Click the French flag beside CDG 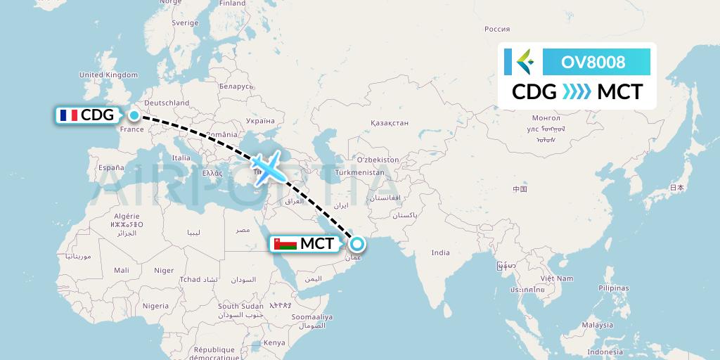[69, 115]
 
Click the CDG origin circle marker [134, 115]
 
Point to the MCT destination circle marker [357, 244]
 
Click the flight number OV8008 [593, 62]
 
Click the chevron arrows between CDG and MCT [577, 92]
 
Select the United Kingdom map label [108, 75]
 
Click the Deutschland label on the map [166, 103]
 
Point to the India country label [440, 252]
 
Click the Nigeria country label [155, 306]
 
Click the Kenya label [274, 342]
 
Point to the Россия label [497, 29]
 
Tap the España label [111, 167]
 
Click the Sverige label [186, 22]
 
